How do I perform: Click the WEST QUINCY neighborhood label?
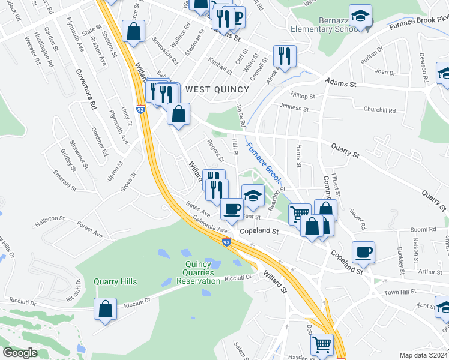coord(217,89)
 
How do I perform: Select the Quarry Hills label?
coord(115,281)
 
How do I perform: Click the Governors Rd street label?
coord(86,88)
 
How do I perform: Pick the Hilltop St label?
coord(303,96)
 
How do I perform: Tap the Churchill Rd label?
coord(379,110)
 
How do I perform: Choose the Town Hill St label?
coord(400,292)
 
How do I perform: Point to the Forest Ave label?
coord(90,226)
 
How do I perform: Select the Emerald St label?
coord(65,180)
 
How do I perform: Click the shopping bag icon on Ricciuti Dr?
coord(106,310)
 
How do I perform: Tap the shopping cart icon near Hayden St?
coord(322,344)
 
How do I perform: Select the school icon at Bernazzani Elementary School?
coord(360,16)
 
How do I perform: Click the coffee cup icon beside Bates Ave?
coord(232,209)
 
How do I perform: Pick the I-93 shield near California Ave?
coord(226,242)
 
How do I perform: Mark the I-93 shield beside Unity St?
coord(140,110)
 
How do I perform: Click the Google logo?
coord(20,353)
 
